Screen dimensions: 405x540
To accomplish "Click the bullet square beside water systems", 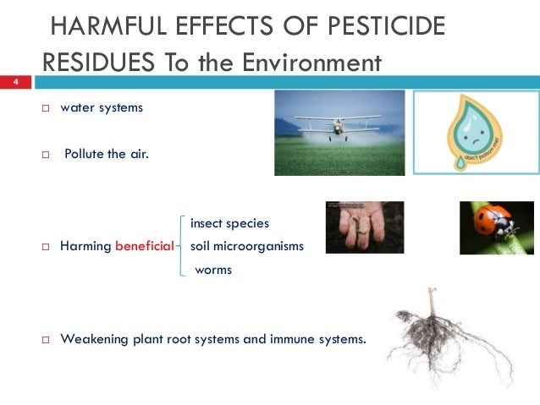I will click(x=47, y=109).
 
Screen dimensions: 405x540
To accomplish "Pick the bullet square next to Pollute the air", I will click(x=47, y=155).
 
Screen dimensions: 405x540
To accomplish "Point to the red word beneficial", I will click(x=144, y=247).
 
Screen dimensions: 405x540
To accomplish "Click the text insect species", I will click(x=229, y=224).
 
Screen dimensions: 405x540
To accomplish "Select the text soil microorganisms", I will click(x=246, y=247).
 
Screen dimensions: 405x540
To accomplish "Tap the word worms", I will click(x=212, y=271).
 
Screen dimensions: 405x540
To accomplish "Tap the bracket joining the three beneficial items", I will click(x=182, y=247).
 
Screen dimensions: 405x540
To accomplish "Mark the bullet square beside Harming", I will click(x=47, y=247).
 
